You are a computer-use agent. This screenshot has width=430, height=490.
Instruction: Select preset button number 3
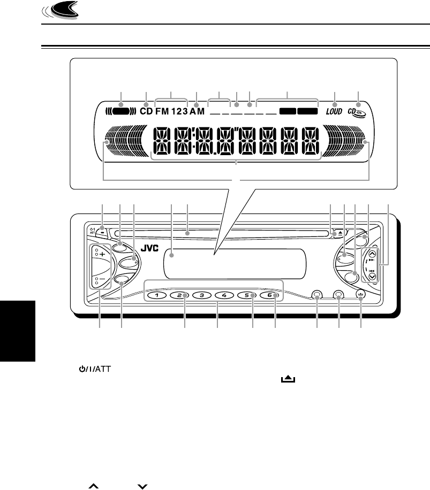point(202,295)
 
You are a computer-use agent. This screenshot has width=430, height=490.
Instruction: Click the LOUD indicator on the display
point(335,112)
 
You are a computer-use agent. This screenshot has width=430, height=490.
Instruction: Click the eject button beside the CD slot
point(335,234)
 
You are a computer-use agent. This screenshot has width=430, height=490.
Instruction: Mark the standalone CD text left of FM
point(146,112)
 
